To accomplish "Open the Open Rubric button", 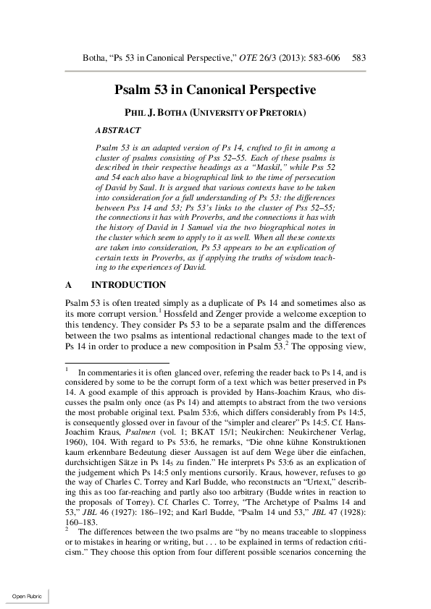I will (x=26, y=595).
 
